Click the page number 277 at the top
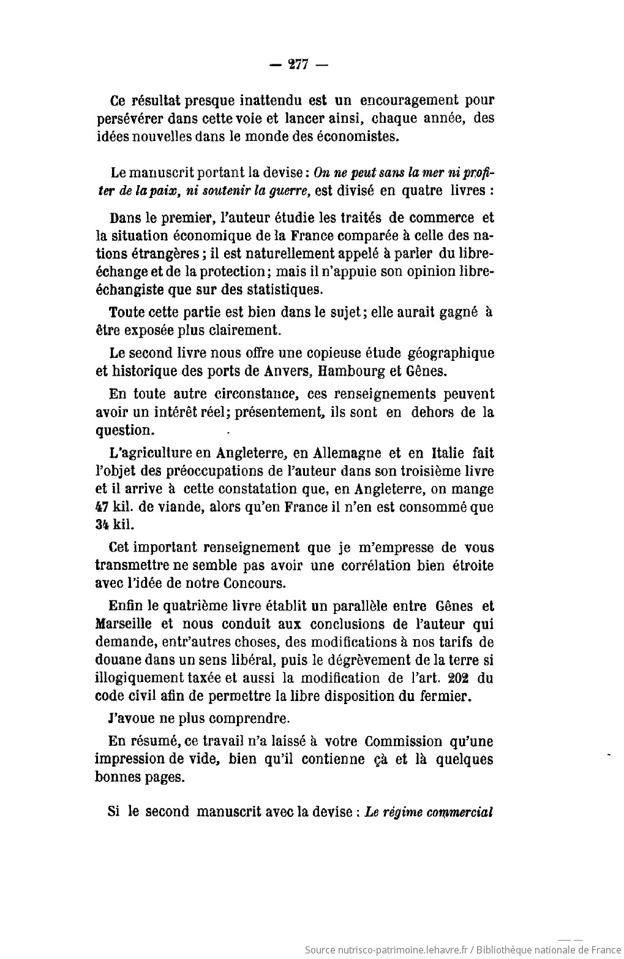pyautogui.click(x=298, y=66)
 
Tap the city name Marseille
pyautogui.click(x=126, y=624)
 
